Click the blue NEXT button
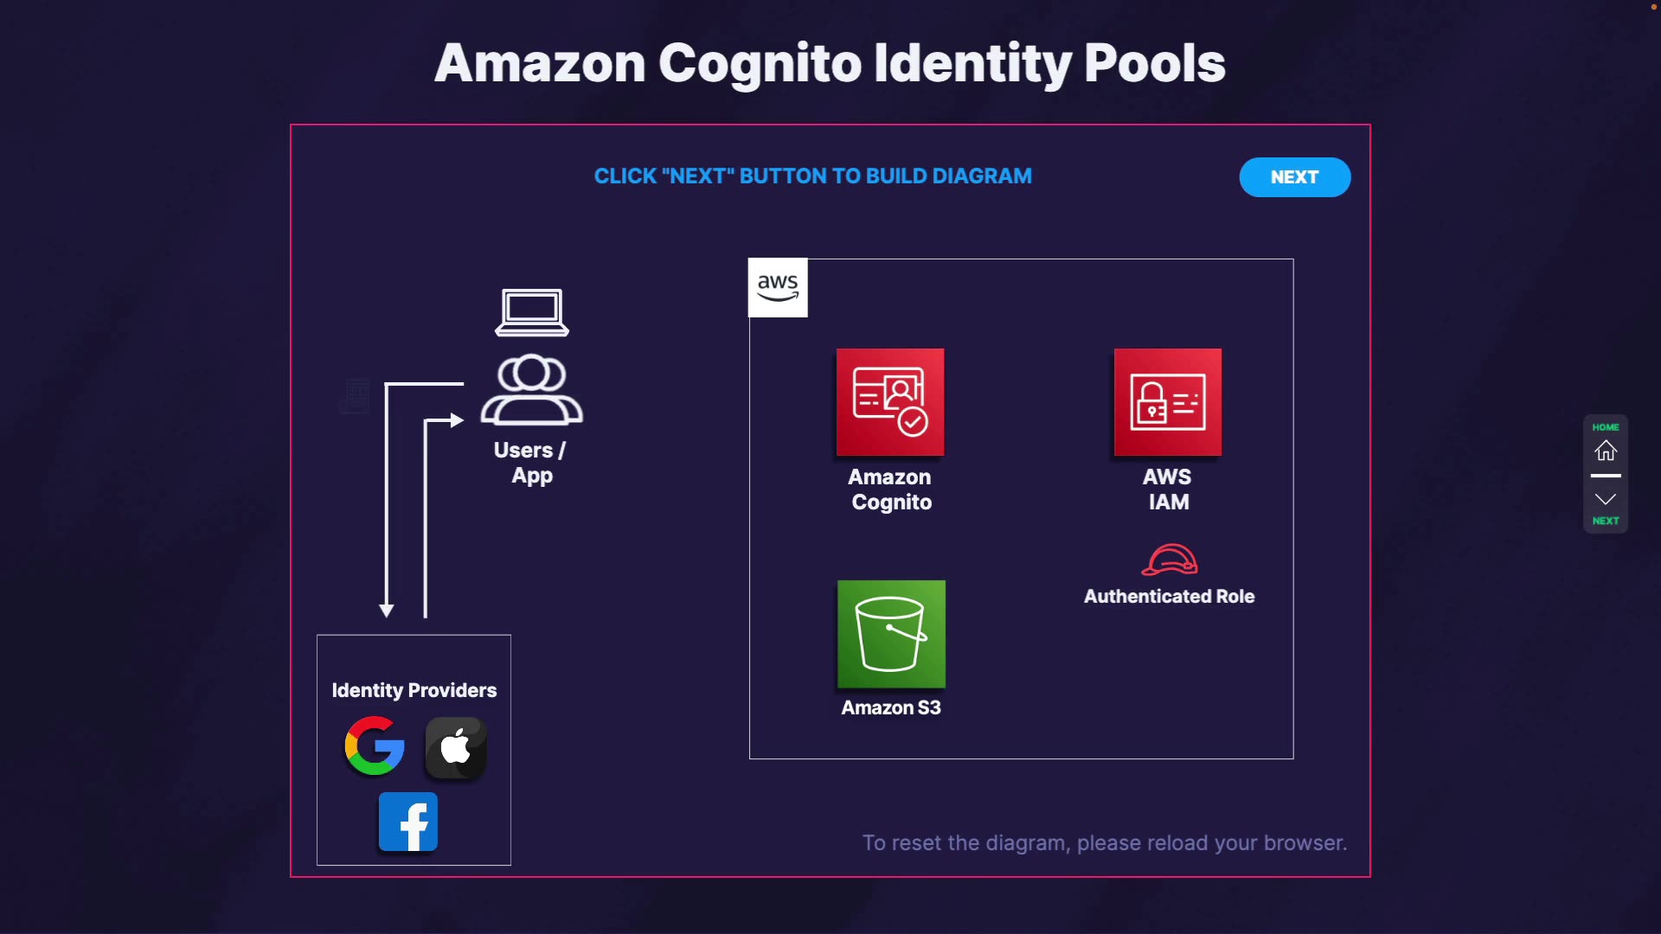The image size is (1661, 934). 1294,177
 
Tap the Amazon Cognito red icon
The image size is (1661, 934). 890,402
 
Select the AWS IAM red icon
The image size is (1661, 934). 1168,402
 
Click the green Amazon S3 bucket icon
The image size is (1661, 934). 891,634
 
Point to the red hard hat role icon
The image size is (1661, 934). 1170,560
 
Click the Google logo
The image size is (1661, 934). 375,745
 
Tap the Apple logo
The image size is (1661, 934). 456,747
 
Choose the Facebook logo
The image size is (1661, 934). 408,822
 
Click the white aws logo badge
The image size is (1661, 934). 778,287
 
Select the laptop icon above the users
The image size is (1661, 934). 532,312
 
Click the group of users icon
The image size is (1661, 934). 532,389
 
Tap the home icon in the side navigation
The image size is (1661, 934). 1606,451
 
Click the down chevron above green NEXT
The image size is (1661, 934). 1606,499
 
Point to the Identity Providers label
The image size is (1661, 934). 414,690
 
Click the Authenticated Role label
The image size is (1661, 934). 1170,596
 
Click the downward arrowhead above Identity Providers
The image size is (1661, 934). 387,611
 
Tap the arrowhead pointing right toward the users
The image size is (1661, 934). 457,420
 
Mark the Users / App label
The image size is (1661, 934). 531,463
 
